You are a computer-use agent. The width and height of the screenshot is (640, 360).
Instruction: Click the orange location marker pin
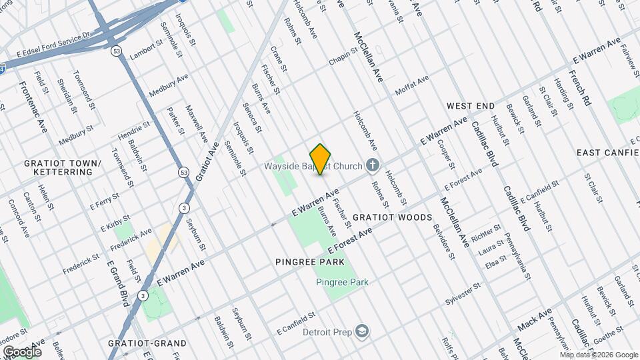(321, 159)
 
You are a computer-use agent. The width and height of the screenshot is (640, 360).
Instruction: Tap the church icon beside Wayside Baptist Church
(373, 166)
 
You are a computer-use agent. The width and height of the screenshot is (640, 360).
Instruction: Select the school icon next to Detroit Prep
(361, 332)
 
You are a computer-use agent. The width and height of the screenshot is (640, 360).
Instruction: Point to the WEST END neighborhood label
(471, 106)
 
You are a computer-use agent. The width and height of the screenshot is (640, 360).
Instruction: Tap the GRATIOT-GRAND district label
(147, 343)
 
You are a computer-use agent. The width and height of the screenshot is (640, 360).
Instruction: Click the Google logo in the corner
(22, 351)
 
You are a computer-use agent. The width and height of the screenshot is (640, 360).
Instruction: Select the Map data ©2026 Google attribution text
(599, 355)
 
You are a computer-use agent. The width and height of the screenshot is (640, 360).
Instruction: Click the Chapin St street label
(343, 58)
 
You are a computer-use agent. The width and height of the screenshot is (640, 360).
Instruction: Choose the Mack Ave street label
(535, 320)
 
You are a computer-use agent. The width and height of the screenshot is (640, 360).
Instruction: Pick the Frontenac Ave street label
(33, 106)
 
